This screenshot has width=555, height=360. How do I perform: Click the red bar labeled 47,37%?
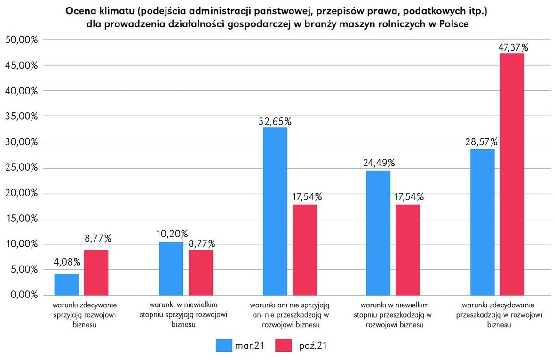click(512, 174)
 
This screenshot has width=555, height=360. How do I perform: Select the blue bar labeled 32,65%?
click(275, 211)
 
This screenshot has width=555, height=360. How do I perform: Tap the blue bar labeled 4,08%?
click(67, 284)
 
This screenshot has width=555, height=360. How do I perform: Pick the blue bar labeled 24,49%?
click(379, 232)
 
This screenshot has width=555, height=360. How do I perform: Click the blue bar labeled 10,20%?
click(171, 268)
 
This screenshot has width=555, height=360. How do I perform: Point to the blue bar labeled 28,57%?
click(482, 222)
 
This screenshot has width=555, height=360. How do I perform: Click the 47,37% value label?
click(512, 47)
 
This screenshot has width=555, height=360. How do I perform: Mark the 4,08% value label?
click(67, 262)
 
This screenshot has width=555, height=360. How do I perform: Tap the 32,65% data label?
click(275, 121)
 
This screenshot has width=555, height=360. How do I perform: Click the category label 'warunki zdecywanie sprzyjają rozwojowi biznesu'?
click(81, 314)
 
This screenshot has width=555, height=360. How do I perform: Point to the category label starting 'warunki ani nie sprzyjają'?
click(289, 314)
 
